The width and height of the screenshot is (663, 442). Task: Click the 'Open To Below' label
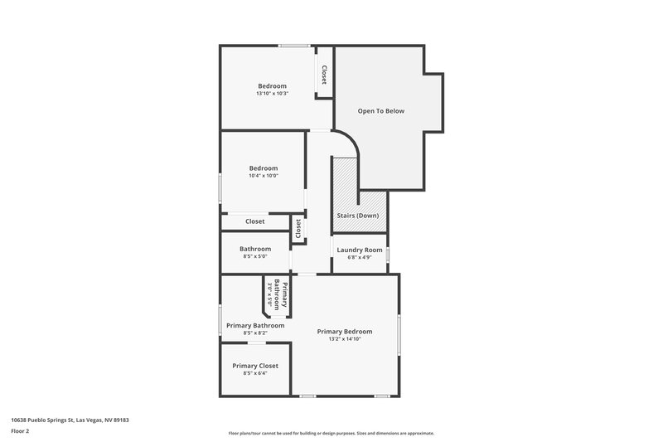[380, 110]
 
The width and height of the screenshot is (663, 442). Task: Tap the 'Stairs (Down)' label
[358, 216]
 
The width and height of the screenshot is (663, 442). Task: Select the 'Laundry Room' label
[360, 250]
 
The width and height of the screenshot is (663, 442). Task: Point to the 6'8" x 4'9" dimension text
[360, 258]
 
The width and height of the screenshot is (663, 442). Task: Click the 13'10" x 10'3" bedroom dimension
[272, 94]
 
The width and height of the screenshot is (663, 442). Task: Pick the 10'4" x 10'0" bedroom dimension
[264, 176]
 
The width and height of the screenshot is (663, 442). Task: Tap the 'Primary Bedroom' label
[345, 331]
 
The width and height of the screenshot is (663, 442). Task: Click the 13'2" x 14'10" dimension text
[345, 339]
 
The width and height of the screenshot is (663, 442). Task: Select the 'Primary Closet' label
[255, 366]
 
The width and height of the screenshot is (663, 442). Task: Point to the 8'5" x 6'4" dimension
[255, 374]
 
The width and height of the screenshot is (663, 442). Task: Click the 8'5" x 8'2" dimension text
[255, 333]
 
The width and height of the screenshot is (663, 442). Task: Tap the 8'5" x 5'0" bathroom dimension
[255, 257]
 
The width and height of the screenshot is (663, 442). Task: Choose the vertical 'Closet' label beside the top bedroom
[324, 75]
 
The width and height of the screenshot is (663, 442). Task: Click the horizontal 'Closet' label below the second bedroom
[255, 221]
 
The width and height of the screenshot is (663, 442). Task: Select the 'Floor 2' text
[21, 431]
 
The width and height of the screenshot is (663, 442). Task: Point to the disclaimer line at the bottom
[331, 433]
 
